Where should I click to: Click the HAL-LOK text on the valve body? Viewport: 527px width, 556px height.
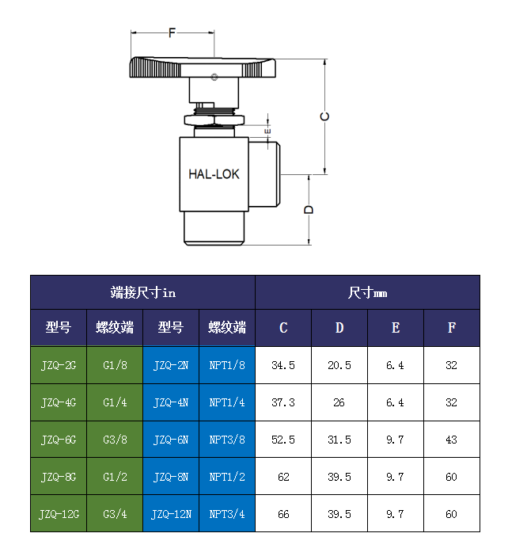[214, 174]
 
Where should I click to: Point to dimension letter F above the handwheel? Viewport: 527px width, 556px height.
[172, 32]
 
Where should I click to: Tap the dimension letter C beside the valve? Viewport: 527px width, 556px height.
[324, 116]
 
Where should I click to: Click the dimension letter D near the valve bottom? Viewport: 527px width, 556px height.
[309, 210]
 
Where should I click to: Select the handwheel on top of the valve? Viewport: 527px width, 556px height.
[203, 68]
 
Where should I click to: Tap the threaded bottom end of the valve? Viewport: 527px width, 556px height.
[214, 230]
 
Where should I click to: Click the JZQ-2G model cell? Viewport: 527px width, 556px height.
[59, 365]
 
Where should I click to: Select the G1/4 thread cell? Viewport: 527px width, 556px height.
[115, 402]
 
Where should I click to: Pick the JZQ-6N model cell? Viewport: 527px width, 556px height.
[171, 440]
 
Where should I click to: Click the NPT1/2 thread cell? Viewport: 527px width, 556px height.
[227, 477]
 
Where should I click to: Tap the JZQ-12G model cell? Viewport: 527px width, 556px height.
[59, 514]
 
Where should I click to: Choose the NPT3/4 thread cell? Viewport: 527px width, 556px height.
[227, 514]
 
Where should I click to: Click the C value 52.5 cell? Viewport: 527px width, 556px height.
[283, 440]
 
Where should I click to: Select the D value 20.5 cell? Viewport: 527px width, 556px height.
[339, 365]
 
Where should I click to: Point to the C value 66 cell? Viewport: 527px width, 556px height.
[283, 514]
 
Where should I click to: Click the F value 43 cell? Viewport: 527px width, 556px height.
[452, 440]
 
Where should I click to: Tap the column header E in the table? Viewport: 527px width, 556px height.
[396, 327]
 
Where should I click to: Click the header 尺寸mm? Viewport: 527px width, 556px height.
[367, 292]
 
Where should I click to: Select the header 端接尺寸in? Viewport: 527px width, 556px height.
[142, 292]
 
